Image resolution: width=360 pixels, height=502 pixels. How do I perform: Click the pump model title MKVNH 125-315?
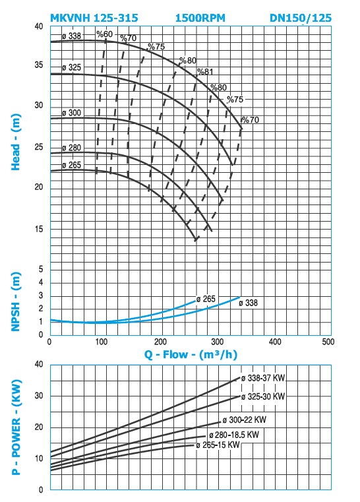(x=94, y=18)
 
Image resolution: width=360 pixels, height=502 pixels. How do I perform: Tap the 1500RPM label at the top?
(x=200, y=18)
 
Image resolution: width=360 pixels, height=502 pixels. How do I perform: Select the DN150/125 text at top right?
(x=301, y=18)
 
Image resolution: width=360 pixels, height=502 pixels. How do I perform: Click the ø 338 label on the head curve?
(x=71, y=36)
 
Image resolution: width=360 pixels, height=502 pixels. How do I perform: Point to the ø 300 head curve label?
(x=71, y=113)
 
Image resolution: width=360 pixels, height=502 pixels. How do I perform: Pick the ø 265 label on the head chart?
(x=71, y=165)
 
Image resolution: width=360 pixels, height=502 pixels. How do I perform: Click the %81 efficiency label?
(x=205, y=72)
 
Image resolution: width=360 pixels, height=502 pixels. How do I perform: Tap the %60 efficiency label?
(x=105, y=34)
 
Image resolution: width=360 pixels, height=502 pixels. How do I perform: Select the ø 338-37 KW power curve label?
(x=262, y=378)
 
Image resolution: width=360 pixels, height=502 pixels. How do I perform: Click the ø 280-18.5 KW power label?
(x=234, y=435)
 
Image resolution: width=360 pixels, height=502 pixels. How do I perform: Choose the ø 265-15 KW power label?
(x=218, y=445)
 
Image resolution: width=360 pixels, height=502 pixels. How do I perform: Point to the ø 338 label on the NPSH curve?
(x=248, y=303)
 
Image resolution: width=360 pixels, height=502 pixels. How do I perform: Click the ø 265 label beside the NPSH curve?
(x=206, y=299)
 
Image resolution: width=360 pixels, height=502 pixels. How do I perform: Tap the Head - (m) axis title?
(x=16, y=142)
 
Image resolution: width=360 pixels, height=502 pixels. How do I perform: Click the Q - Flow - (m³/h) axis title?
(x=191, y=355)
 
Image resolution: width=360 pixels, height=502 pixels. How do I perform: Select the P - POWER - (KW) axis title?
(x=16, y=427)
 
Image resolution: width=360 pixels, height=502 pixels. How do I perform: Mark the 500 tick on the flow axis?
(x=328, y=342)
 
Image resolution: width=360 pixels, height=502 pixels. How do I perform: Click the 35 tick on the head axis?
(x=39, y=65)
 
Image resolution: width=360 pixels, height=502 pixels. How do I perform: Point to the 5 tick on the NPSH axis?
(x=41, y=269)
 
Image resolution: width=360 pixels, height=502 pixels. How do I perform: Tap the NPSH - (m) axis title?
(x=16, y=301)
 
